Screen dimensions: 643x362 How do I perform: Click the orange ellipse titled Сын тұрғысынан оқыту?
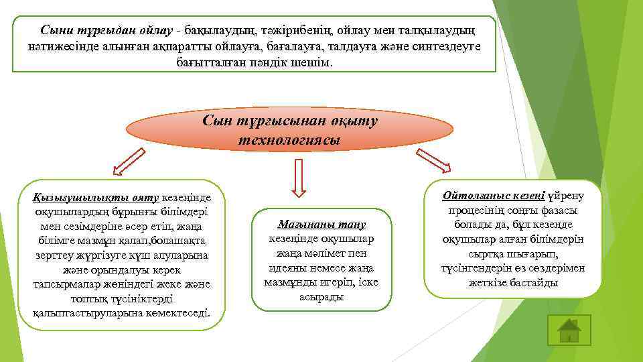click(x=290, y=131)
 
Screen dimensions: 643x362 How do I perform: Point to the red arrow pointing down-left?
click(x=128, y=162)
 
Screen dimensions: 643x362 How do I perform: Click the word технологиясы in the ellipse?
click(x=289, y=141)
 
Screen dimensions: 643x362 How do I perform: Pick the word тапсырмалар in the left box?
click(x=64, y=284)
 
